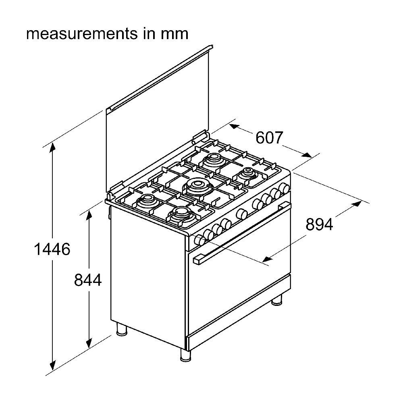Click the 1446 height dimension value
point(52,250)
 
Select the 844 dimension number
point(87,280)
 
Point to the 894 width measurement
point(319,224)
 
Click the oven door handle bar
point(242,234)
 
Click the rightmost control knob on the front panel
point(285,187)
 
